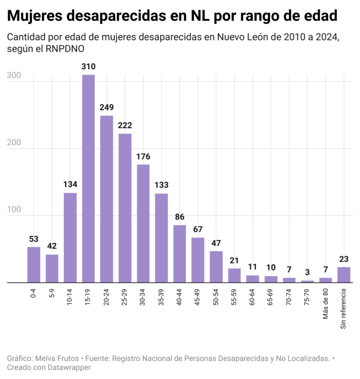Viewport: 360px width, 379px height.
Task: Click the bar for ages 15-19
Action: [x=88, y=178]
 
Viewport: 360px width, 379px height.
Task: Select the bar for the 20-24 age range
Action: [x=107, y=199]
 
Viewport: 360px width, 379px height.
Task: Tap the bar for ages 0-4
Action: [x=34, y=264]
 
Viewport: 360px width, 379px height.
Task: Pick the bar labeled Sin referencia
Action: [x=344, y=274]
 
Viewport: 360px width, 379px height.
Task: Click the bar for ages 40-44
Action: [x=180, y=254]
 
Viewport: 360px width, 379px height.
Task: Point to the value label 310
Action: [x=88, y=67]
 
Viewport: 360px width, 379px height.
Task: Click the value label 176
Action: [x=143, y=157]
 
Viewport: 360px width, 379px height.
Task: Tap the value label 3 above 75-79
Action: [x=307, y=273]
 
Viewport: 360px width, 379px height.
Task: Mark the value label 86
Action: [x=180, y=217]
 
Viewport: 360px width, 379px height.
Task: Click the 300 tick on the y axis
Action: [x=13, y=76]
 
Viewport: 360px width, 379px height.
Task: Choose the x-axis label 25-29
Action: [x=125, y=295]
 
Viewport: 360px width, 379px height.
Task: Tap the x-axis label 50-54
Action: [x=216, y=295]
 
